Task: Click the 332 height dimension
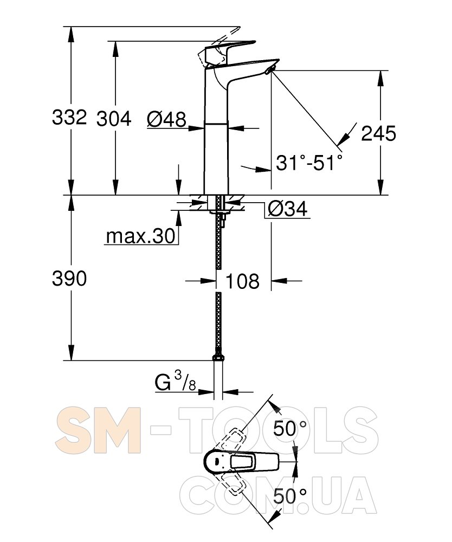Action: point(69,118)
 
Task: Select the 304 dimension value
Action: point(114,119)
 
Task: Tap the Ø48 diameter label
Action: point(166,120)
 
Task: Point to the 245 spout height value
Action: point(379,133)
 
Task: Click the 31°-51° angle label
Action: point(309,162)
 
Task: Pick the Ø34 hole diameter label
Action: point(287,209)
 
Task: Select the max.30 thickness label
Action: point(141,236)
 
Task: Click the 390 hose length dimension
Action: point(69,278)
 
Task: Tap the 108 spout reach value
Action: point(242,281)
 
